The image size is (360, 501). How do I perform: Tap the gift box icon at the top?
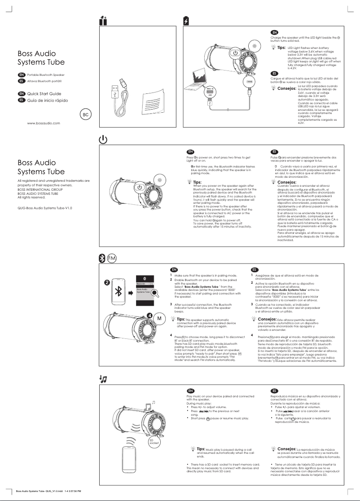tap(103, 20)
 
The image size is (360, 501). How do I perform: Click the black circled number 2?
tap(107, 282)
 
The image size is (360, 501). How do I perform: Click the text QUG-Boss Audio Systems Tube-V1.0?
tap(44, 208)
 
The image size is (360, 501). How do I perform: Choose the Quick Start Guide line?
tap(44, 93)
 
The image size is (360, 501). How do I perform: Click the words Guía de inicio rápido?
tap(48, 100)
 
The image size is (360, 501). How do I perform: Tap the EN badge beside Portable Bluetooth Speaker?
tap(21, 74)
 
